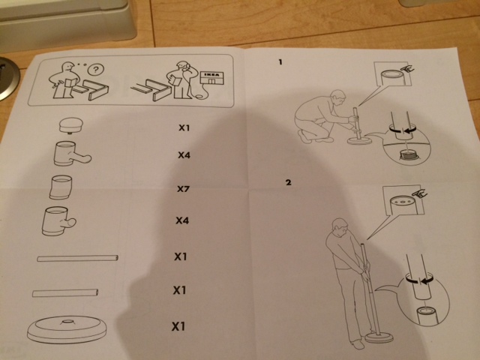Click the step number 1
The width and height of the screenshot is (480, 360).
pyautogui.click(x=280, y=62)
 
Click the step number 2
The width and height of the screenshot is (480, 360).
pyautogui.click(x=288, y=182)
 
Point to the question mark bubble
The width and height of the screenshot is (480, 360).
pyautogui.click(x=95, y=70)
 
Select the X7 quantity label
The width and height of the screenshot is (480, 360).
pyautogui.click(x=183, y=188)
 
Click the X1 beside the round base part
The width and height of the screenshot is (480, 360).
pyautogui.click(x=178, y=326)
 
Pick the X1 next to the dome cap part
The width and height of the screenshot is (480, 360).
pyautogui.click(x=184, y=127)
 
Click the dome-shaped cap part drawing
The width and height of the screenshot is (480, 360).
pyautogui.click(x=70, y=125)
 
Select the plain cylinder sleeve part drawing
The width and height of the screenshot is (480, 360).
pyautogui.click(x=61, y=187)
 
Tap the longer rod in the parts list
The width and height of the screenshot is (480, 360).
pyautogui.click(x=77, y=258)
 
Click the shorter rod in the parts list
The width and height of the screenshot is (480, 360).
pyautogui.click(x=65, y=293)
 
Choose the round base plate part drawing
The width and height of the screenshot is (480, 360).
pyautogui.click(x=67, y=330)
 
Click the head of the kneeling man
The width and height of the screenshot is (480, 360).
pyautogui.click(x=338, y=97)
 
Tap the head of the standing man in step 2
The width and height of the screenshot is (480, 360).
pyautogui.click(x=340, y=226)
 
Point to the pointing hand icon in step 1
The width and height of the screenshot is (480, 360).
pyautogui.click(x=407, y=69)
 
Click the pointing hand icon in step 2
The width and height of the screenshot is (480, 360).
pyautogui.click(x=420, y=193)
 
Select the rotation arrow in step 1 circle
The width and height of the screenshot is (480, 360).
pyautogui.click(x=401, y=130)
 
